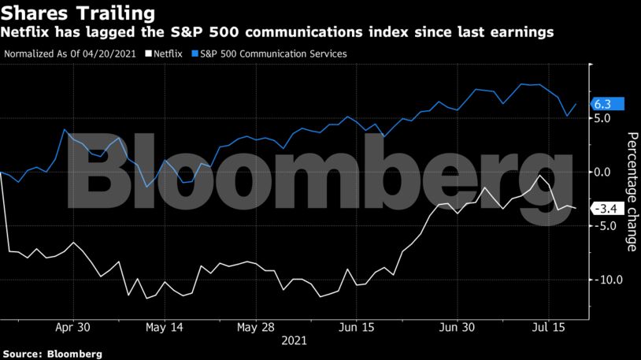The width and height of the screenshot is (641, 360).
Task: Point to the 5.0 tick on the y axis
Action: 603,118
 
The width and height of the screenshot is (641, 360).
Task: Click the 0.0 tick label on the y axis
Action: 603,172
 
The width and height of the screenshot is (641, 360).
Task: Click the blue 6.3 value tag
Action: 606,104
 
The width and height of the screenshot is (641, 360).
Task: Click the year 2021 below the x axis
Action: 294,341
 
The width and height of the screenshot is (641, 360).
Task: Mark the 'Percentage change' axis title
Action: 632,191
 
